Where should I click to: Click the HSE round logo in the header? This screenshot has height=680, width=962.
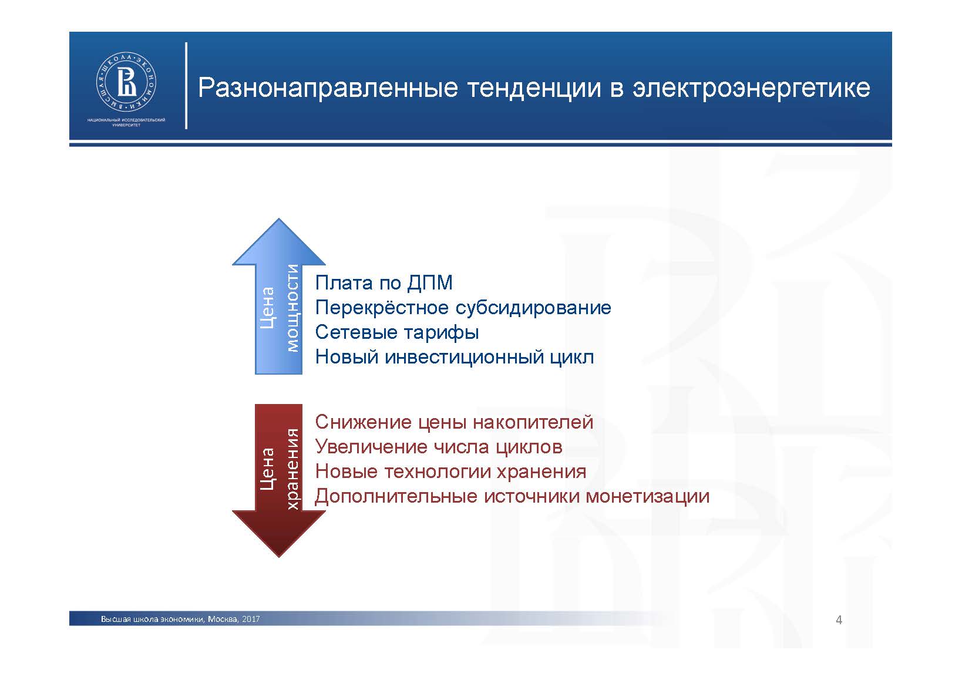point(126,83)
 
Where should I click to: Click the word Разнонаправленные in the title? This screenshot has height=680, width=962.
point(328,89)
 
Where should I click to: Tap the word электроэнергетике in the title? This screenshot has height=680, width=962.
point(751,89)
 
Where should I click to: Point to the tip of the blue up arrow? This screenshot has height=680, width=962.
point(279,218)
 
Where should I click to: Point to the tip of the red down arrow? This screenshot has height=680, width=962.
point(279,557)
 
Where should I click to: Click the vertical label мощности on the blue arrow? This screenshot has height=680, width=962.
point(292,308)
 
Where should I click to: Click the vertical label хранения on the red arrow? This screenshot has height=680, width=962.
point(292,469)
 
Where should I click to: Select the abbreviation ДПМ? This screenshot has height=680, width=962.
point(430,283)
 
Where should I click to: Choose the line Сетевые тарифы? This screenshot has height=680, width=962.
point(397,333)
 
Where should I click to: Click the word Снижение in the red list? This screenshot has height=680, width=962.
point(364,422)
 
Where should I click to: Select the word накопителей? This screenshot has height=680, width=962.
point(533,422)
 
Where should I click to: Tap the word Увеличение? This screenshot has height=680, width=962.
point(371,447)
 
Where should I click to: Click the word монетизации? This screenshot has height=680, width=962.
point(648,497)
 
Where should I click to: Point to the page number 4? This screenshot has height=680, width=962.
point(839,620)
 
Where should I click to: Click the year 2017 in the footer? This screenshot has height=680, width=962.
point(251,619)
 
